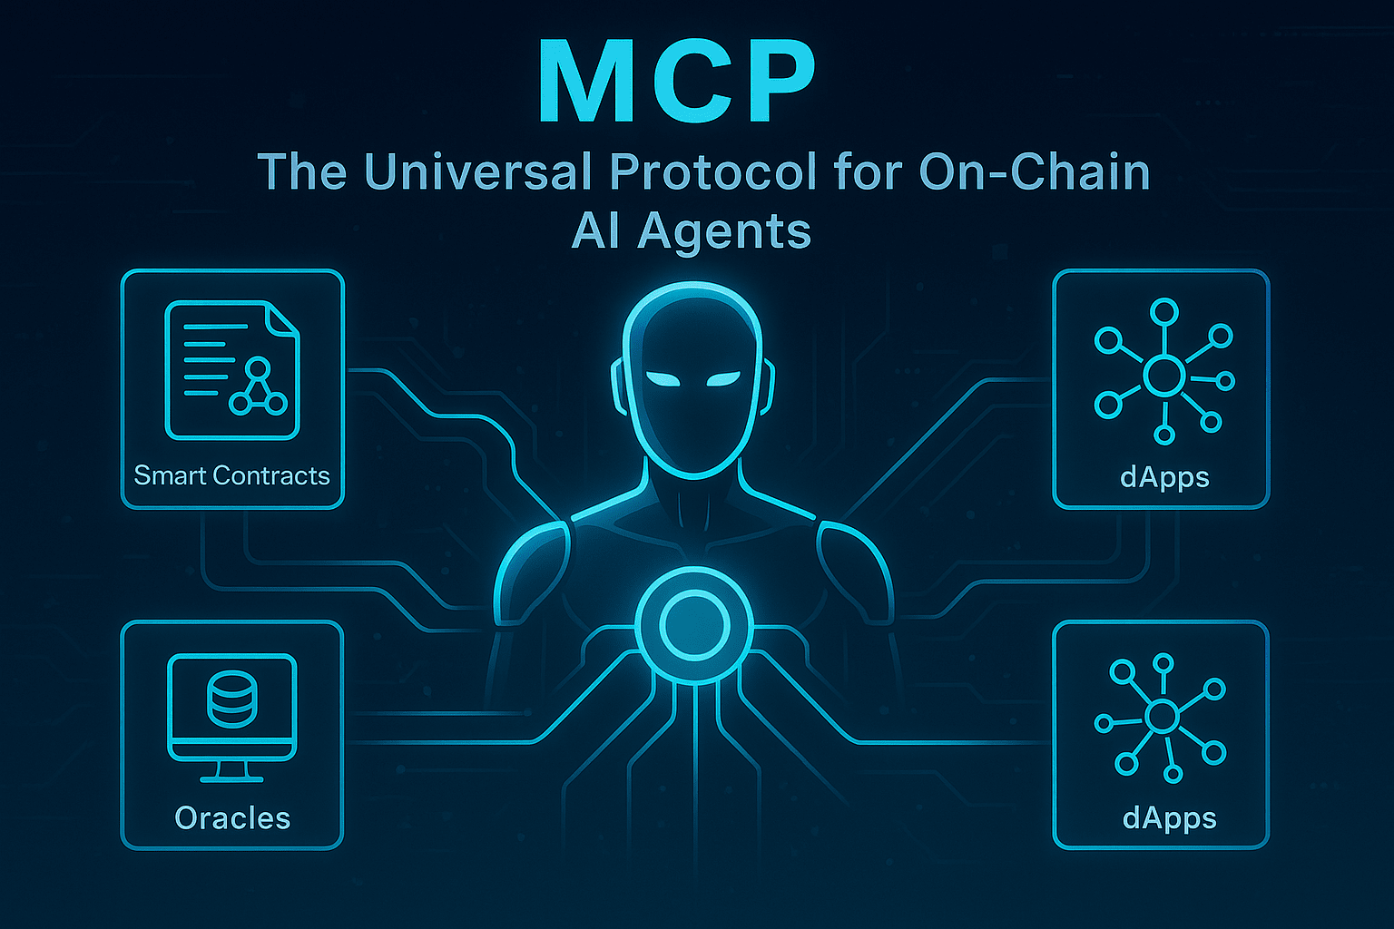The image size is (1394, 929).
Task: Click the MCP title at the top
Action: (x=676, y=83)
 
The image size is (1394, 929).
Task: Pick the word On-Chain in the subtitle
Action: (x=1035, y=171)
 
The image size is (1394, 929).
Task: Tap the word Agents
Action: (x=724, y=231)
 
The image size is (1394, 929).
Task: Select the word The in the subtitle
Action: (x=302, y=171)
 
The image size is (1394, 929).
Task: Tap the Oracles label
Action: (x=232, y=818)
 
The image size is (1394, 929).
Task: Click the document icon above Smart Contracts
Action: (x=231, y=369)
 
